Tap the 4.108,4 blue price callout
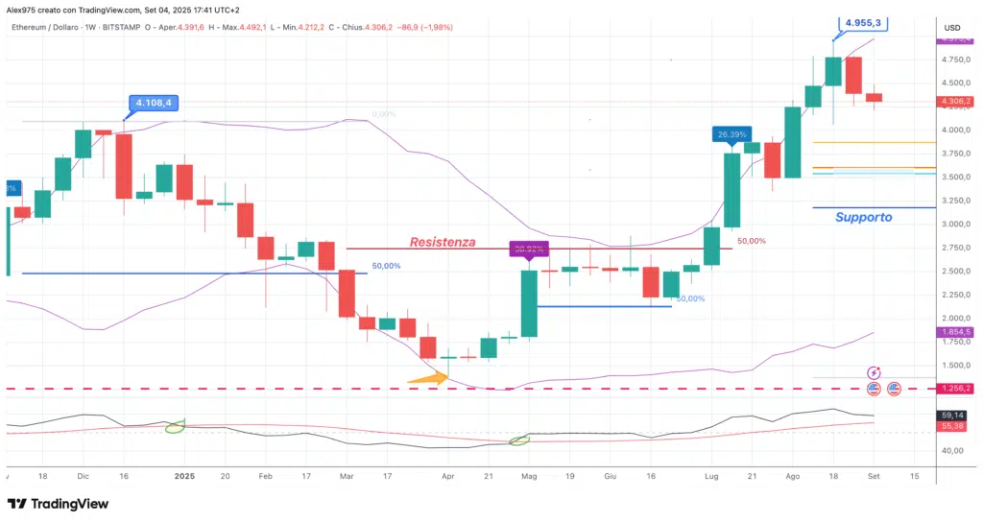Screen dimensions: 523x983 (154, 102)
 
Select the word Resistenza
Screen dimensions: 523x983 (443, 242)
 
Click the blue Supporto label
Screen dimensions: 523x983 (863, 217)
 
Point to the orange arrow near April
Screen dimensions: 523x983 (427, 379)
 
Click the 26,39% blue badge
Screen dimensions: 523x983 (731, 135)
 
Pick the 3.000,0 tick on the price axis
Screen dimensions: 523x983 (953, 225)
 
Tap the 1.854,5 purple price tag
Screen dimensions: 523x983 (953, 332)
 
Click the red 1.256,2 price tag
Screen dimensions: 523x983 (953, 389)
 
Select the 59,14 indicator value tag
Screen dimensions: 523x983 (952, 415)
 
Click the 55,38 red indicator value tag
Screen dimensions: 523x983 (952, 425)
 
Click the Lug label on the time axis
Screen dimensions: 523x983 (710, 475)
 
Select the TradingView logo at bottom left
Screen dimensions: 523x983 (58, 504)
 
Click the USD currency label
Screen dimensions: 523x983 (952, 27)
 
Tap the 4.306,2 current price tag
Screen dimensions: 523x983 (953, 101)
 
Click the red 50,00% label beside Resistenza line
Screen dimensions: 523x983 (752, 241)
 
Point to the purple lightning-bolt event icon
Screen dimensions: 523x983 (875, 372)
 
